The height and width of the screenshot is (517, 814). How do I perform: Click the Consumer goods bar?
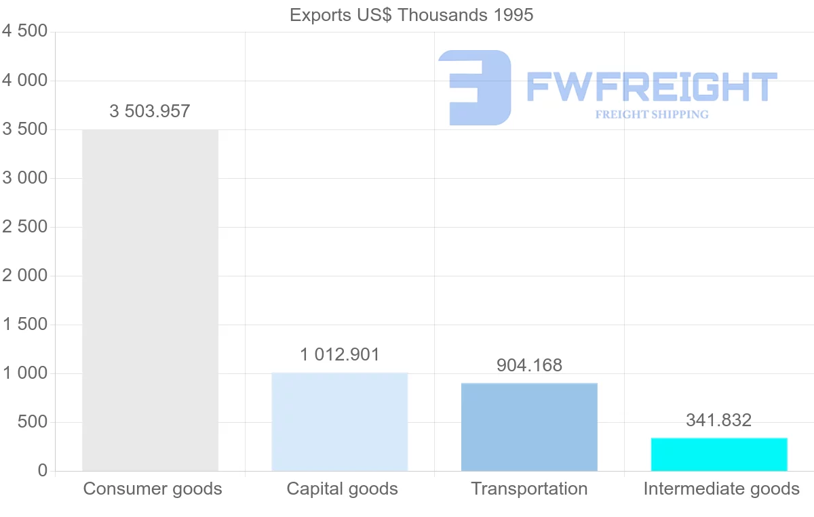[x=150, y=300]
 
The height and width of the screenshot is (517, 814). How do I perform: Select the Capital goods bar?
[x=340, y=421]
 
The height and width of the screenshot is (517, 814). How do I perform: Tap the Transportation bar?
[x=529, y=427]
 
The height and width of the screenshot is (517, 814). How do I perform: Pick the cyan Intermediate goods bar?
[x=719, y=454]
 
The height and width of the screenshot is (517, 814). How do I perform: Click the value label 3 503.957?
[x=150, y=111]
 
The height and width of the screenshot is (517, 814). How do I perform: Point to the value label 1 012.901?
[x=340, y=354]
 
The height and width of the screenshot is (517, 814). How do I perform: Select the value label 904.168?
[x=529, y=365]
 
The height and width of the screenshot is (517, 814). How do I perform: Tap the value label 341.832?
[x=719, y=420]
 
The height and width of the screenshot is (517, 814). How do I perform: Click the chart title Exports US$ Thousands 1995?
[x=411, y=15]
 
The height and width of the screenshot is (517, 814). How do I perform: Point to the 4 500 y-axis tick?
[x=25, y=31]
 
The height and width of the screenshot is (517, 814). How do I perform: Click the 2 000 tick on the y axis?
[x=25, y=275]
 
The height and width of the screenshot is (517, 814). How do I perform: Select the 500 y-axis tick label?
[x=33, y=421]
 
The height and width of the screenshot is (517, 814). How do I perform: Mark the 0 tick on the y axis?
[x=42, y=470]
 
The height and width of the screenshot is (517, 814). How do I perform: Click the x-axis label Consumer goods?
[x=153, y=489]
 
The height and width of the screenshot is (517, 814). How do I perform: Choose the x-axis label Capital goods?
[x=343, y=489]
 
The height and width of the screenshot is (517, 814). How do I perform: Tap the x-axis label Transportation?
[x=529, y=489]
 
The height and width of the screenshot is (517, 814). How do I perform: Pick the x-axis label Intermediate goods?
[x=722, y=489]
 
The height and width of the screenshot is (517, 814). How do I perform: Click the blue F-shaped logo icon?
[x=475, y=87]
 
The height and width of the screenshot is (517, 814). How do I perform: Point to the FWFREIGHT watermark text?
[x=652, y=87]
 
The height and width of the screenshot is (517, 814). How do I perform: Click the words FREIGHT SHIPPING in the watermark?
[x=652, y=115]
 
